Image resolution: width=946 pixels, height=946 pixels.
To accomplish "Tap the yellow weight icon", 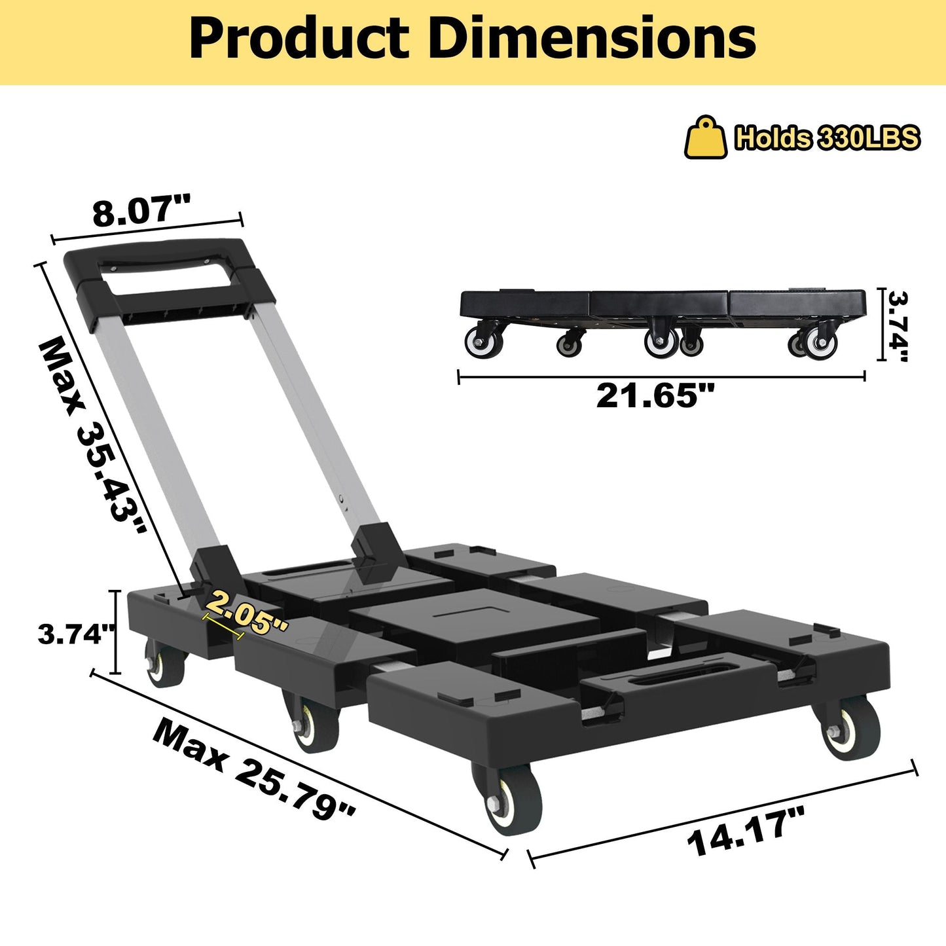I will (x=705, y=138).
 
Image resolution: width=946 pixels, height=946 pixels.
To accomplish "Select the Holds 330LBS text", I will (x=827, y=138).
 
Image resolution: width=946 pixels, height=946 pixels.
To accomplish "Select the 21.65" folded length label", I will (x=655, y=395).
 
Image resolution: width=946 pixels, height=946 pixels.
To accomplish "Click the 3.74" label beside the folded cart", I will (x=897, y=325).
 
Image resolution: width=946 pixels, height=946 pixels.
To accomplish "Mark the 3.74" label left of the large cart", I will (x=77, y=634).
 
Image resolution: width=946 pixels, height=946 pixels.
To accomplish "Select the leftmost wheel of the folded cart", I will (x=484, y=342).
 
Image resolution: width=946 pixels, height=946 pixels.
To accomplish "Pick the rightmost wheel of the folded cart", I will (x=819, y=342).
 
